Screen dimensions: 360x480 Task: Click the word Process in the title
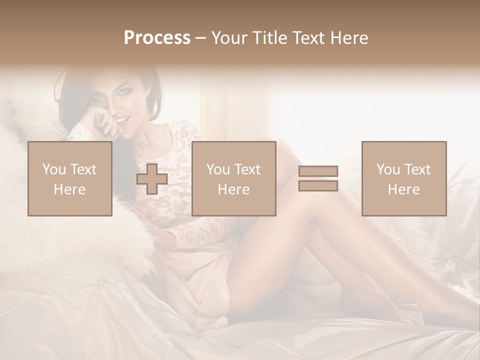[157, 37]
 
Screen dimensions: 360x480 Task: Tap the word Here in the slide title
[348, 37]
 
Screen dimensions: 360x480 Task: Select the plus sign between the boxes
[152, 179]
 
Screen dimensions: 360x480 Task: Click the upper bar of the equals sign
[318, 171]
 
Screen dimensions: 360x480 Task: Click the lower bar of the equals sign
[318, 185]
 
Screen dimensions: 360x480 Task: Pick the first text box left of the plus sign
[70, 178]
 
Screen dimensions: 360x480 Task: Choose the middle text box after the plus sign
[234, 178]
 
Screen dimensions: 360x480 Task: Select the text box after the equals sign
[404, 178]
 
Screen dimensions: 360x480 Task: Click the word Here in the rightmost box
[403, 189]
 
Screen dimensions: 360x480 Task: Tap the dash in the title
[200, 38]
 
